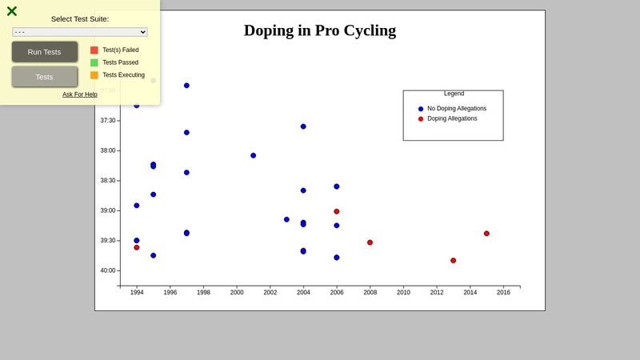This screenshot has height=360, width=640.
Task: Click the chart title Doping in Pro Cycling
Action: [320, 31]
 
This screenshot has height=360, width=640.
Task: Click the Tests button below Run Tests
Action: [45, 77]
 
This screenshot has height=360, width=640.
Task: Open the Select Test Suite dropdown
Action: [80, 32]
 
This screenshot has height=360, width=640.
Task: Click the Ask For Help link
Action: [80, 94]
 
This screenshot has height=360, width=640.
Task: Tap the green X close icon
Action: [12, 11]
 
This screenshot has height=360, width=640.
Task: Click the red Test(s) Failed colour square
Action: [94, 50]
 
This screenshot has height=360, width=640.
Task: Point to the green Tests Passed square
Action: [94, 62]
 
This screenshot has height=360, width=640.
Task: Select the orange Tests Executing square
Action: [94, 75]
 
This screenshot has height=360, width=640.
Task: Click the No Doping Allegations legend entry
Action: [456, 109]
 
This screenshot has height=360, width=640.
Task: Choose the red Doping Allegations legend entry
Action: [451, 118]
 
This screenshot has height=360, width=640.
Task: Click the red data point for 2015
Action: [486, 234]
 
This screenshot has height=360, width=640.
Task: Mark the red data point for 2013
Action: [453, 261]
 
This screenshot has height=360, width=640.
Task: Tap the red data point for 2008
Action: [370, 242]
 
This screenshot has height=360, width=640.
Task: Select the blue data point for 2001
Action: [253, 155]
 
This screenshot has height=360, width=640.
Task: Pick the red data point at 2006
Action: [337, 211]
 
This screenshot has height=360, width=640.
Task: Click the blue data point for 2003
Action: [286, 219]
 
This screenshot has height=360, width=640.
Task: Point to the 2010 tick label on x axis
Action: [403, 293]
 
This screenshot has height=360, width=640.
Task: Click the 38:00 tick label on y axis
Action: [107, 150]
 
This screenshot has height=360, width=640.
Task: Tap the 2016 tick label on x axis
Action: [503, 293]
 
